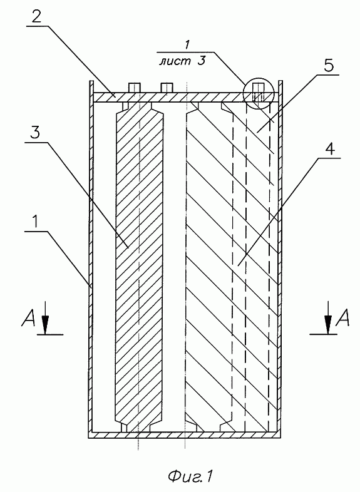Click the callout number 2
pos(36,16)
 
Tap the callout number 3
pos(35,133)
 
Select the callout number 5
pos(328,65)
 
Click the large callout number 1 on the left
pos(36,222)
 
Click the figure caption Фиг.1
pos(190,476)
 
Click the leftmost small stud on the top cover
pos(134,88)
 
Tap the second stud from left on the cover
pos(167,88)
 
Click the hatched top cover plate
pos(186,97)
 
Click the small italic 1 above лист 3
pos(187,45)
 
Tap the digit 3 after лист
pos(201,61)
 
